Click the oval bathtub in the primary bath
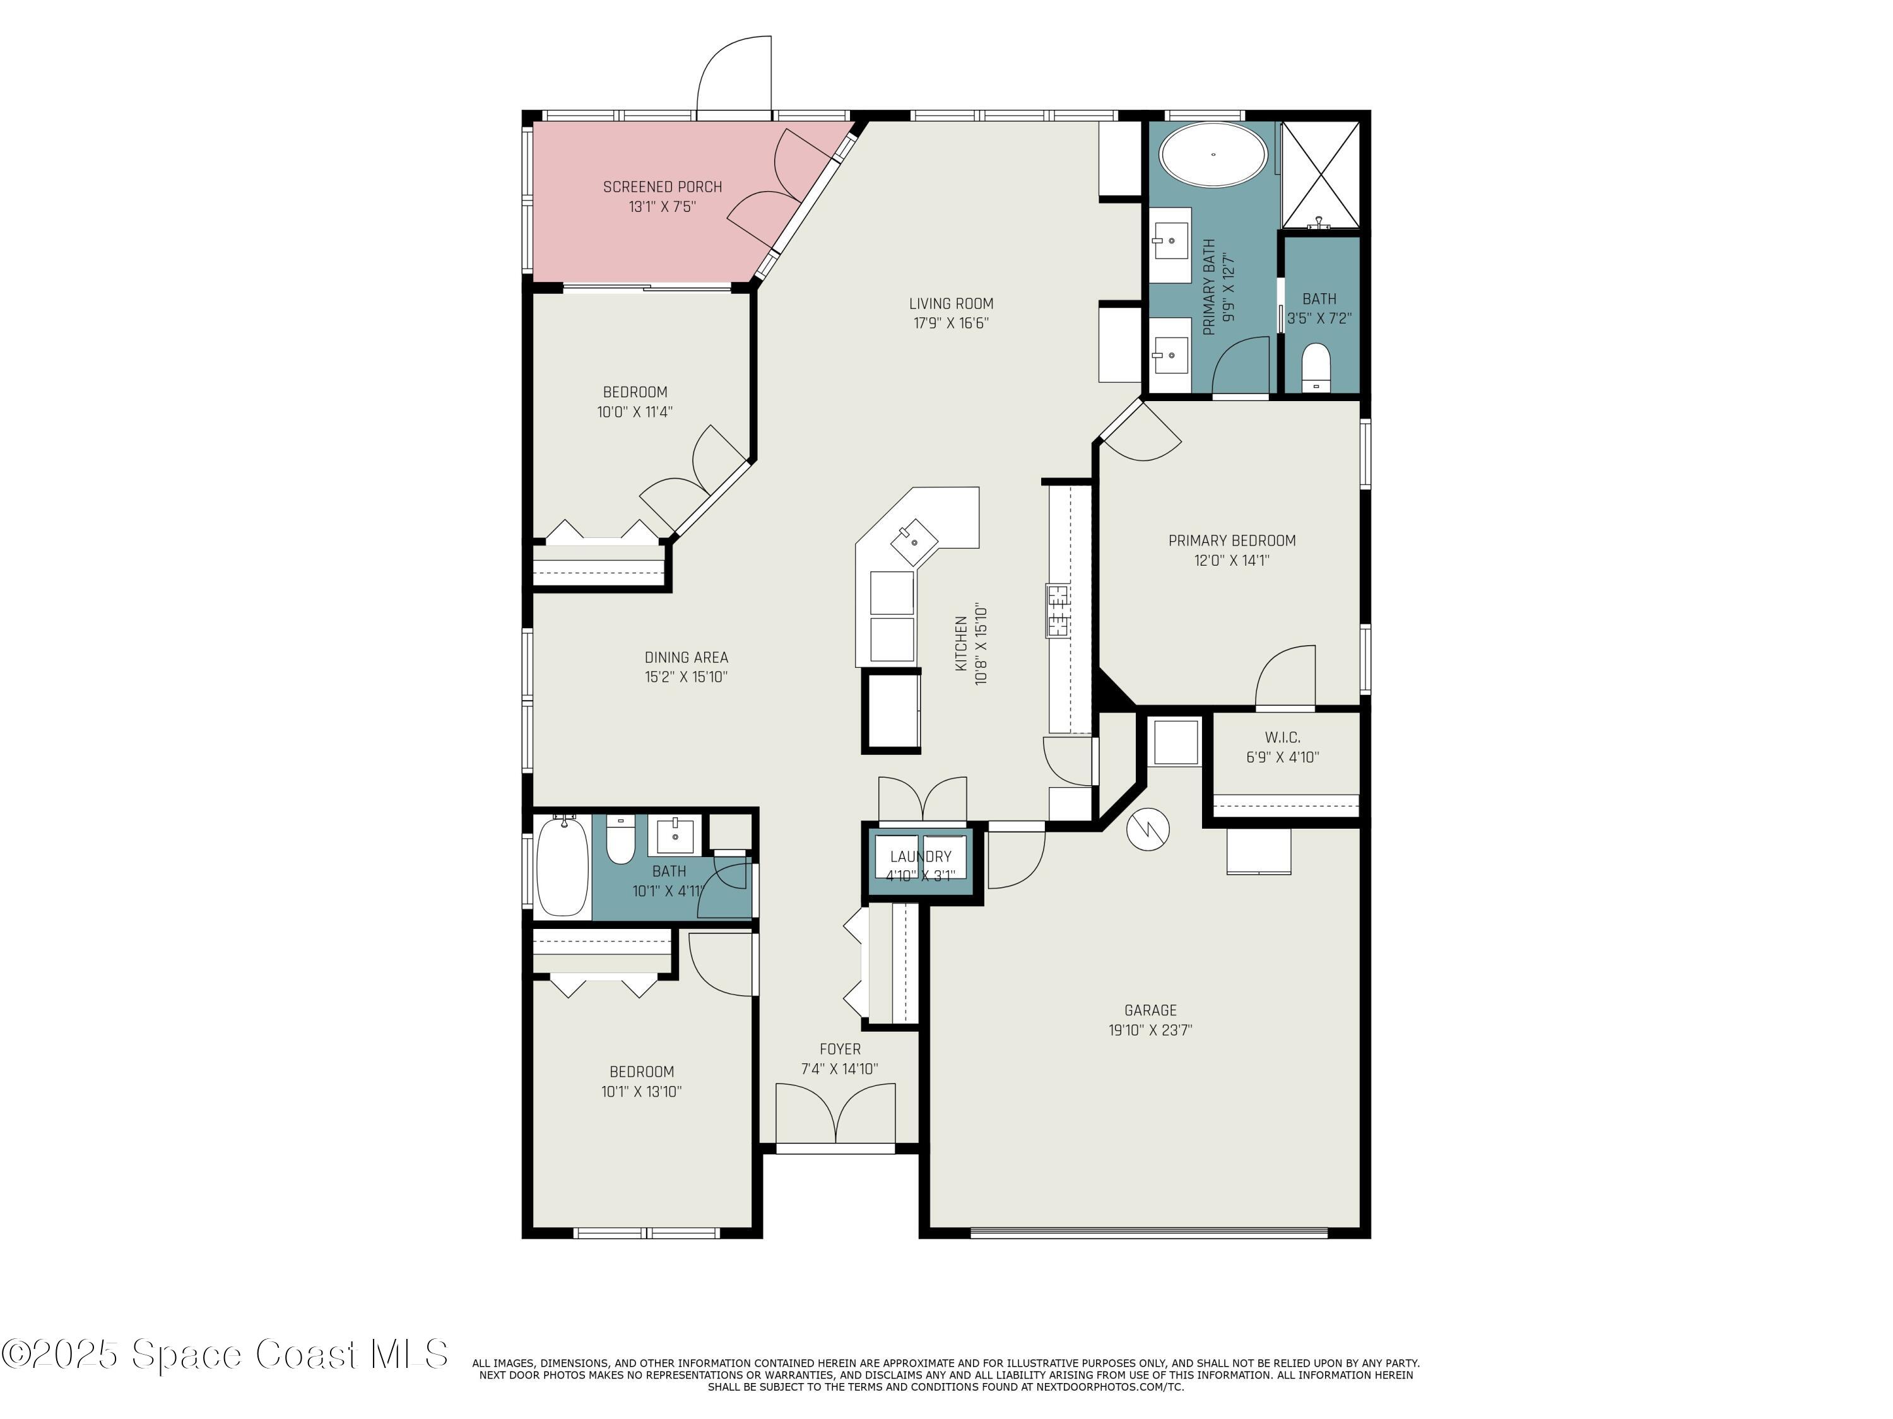point(1213,155)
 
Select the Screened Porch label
point(663,187)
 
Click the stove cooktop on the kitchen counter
point(1058,610)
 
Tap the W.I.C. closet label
point(1282,737)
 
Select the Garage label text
point(1150,1010)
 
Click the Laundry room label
point(920,856)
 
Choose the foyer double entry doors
point(835,1114)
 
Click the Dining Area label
point(687,657)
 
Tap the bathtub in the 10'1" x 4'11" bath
point(562,866)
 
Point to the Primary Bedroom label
point(1232,540)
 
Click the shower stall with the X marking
point(1321,175)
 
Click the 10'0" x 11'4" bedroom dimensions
point(635,411)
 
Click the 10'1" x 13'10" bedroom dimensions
point(641,1092)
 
